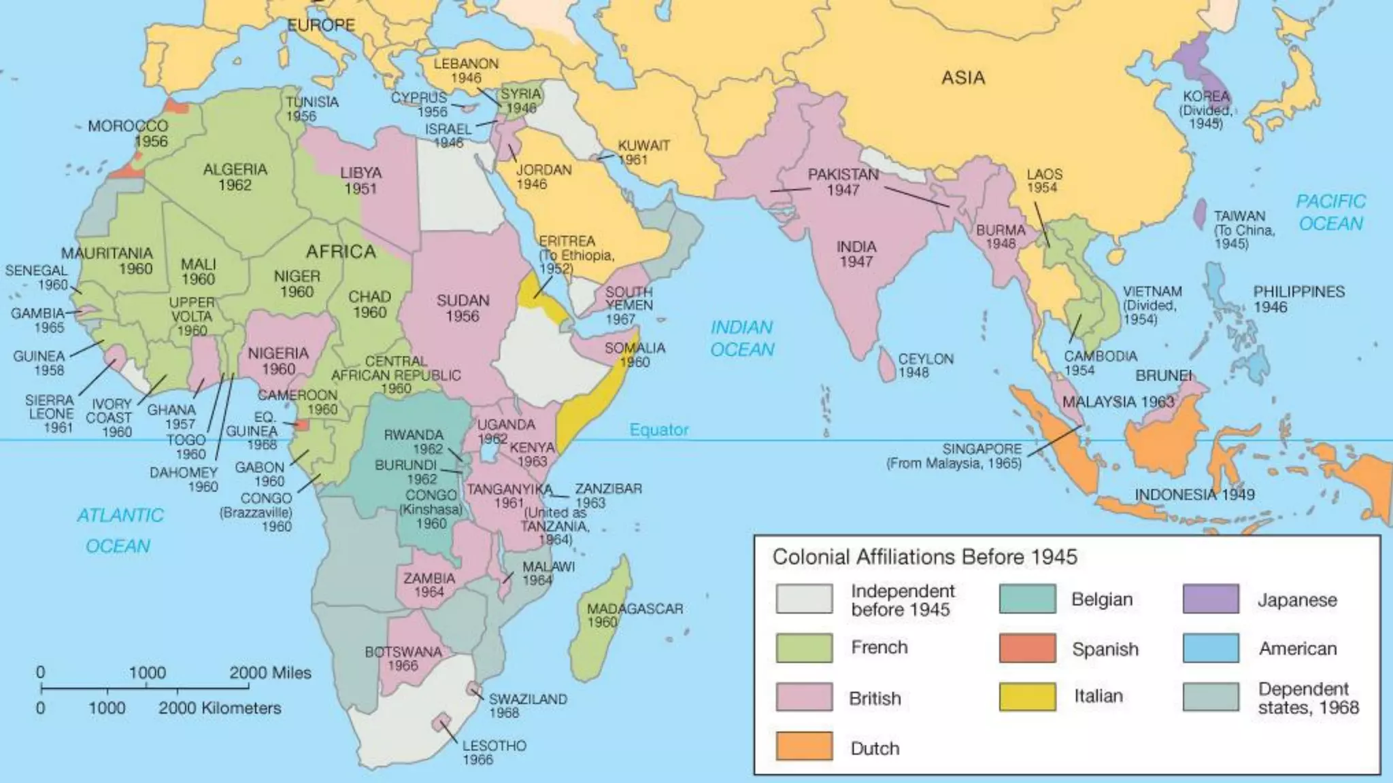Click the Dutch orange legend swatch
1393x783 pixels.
tap(803, 746)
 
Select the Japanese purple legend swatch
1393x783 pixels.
tap(1210, 599)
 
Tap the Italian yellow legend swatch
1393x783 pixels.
tap(1027, 697)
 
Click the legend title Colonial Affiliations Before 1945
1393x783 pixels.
tap(924, 557)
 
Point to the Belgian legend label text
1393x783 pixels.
tap(1101, 599)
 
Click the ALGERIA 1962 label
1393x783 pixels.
tap(235, 177)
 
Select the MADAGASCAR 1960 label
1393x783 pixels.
tap(634, 615)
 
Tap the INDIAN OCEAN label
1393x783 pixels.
tap(742, 338)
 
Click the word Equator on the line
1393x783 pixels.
tap(658, 430)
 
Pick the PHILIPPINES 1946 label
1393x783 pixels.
tap(1298, 299)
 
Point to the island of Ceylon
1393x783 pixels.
tap(886, 365)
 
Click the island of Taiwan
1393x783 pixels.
tap(1201, 213)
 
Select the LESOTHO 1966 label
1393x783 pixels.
tap(493, 752)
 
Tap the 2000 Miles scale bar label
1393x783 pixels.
tap(270, 673)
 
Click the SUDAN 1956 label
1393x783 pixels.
tap(463, 308)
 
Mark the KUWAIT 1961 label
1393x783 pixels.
tap(643, 152)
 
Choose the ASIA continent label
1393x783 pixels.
tap(962, 78)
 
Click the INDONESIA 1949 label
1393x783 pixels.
tap(1194, 495)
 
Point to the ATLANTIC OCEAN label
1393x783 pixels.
tap(120, 530)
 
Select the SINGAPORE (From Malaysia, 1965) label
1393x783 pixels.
tap(954, 456)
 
